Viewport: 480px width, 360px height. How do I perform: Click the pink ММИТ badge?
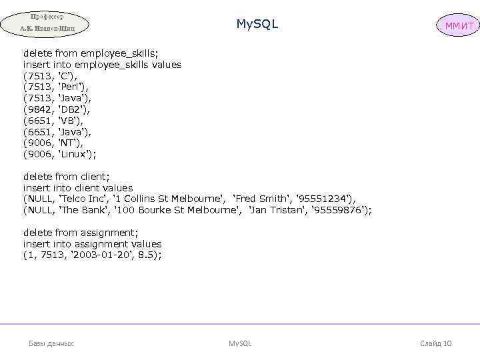(x=457, y=26)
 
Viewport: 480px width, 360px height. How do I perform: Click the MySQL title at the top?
(x=257, y=25)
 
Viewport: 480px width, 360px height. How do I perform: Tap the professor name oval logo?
(x=45, y=23)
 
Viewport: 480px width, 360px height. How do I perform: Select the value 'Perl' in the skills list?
(x=72, y=87)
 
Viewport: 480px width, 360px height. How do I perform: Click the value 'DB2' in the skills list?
(x=73, y=109)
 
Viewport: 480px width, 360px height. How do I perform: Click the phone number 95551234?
(x=327, y=199)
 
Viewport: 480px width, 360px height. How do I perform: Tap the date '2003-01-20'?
(x=103, y=255)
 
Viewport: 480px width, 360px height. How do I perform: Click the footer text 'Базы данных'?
(x=51, y=343)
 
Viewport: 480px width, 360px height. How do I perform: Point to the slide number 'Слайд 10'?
(x=436, y=343)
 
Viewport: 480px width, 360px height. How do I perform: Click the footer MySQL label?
(x=240, y=343)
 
